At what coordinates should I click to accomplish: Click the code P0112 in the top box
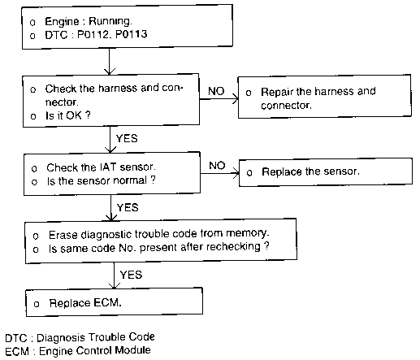click(93, 35)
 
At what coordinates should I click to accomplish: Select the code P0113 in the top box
click(131, 34)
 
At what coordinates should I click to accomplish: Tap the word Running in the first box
click(110, 21)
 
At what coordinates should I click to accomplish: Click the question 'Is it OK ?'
click(68, 115)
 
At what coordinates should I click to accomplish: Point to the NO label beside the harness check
click(216, 91)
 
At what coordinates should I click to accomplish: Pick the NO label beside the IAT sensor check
click(217, 165)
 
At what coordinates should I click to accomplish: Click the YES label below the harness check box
click(127, 138)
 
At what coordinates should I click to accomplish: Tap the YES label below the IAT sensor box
click(128, 207)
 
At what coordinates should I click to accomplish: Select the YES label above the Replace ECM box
click(131, 275)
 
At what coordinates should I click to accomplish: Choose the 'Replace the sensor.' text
click(310, 171)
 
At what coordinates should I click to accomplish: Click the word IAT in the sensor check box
click(108, 167)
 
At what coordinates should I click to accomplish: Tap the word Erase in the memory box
click(63, 235)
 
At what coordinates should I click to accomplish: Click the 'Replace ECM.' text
click(85, 303)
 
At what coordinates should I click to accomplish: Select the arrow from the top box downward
click(109, 62)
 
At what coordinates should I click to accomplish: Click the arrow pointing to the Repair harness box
click(219, 99)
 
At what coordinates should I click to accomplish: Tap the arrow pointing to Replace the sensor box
click(220, 173)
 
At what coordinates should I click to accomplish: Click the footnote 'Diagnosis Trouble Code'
click(96, 337)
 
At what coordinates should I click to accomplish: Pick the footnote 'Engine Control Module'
click(95, 351)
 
